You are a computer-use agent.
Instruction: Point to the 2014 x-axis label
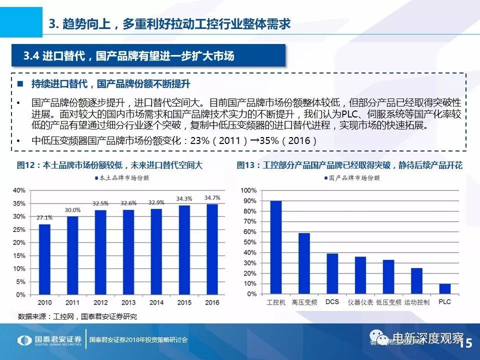[x=157, y=302]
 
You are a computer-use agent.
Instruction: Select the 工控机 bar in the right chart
[x=275, y=247]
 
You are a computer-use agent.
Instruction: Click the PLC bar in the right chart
[x=444, y=289]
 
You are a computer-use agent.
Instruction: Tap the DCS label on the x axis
[x=332, y=302]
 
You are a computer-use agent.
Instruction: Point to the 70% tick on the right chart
[x=249, y=221]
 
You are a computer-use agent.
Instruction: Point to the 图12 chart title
[x=110, y=165]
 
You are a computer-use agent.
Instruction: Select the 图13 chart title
[x=349, y=165]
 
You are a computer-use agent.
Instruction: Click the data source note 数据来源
[x=77, y=316]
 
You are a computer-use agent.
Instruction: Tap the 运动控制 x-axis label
[x=416, y=302]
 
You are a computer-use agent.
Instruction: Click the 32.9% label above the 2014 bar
[x=157, y=202]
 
